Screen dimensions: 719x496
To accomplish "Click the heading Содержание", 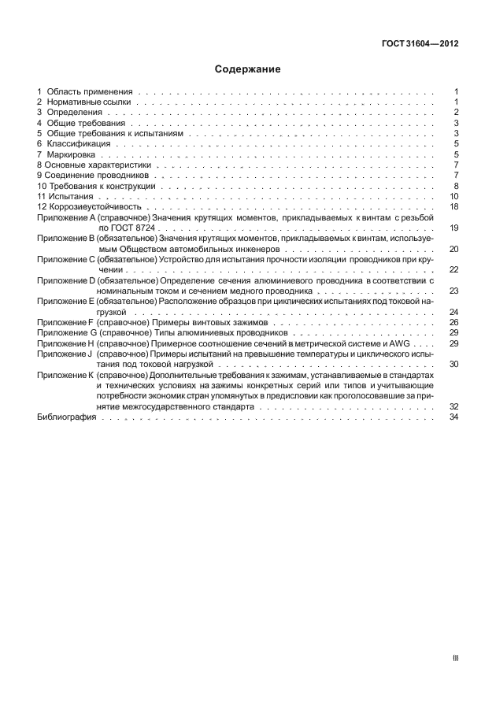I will tap(247, 69).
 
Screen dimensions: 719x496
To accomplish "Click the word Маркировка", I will tap(73, 154).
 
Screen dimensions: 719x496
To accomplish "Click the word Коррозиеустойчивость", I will tap(92, 207).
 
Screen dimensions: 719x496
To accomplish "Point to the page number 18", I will tap(453, 207).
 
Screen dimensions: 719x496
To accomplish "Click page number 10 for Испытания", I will tap(453, 197).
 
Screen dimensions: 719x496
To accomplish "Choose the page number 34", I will tap(453, 417).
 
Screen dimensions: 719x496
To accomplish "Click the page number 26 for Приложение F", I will tap(453, 323).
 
